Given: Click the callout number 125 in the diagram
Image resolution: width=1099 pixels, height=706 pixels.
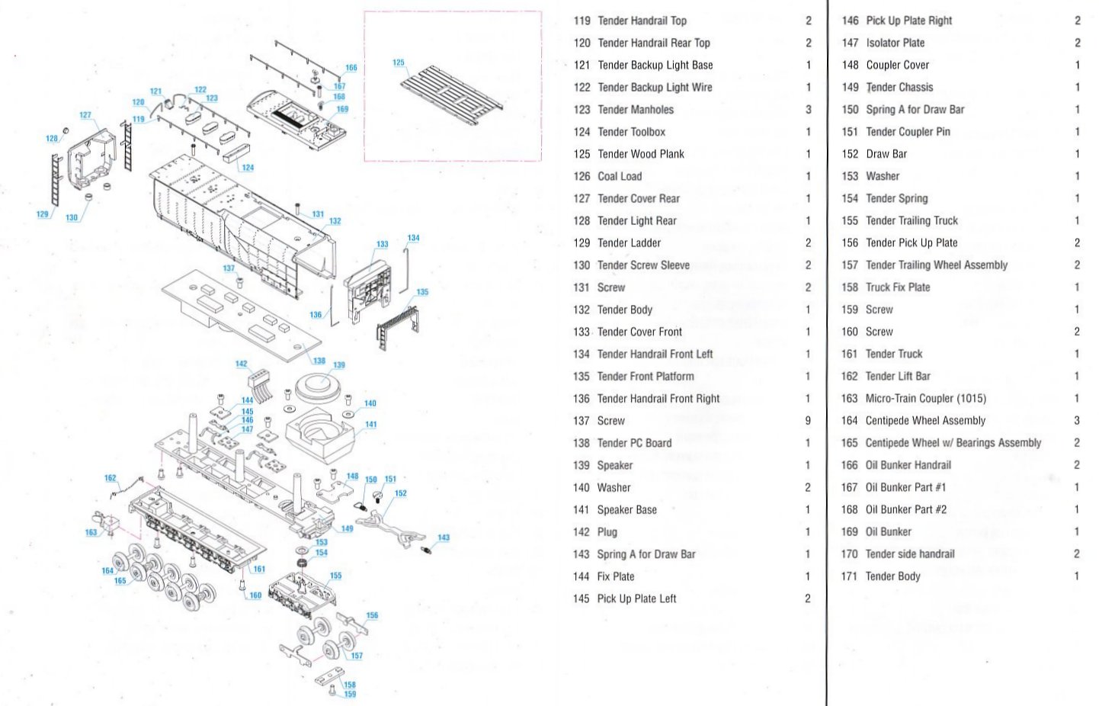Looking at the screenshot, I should tap(399, 63).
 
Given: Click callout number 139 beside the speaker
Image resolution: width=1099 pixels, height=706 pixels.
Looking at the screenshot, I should tap(339, 365).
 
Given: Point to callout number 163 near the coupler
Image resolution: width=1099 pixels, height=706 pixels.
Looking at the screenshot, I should tap(91, 532).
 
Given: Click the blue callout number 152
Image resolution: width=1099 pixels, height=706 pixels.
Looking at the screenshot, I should tap(401, 493).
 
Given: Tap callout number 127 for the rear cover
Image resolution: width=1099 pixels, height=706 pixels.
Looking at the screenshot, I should tap(85, 115).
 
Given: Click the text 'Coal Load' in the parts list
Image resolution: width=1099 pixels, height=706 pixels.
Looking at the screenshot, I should tap(620, 176).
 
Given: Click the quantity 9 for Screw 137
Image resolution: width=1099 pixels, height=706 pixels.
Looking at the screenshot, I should tap(808, 421).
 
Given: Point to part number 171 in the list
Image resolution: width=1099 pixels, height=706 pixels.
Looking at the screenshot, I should tap(849, 576).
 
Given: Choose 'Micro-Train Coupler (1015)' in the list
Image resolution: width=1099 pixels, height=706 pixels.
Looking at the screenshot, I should tap(925, 398).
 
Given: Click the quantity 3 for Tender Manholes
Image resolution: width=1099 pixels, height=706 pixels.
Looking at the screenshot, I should tap(809, 110).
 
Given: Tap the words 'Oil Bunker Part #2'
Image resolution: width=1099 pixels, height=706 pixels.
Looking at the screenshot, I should tap(905, 509).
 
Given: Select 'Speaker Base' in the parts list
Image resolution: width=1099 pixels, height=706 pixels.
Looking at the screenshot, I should tap(626, 510).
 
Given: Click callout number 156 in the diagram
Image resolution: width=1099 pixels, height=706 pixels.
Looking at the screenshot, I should tap(372, 615).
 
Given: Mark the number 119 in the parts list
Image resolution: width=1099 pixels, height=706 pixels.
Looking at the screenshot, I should tap(582, 21).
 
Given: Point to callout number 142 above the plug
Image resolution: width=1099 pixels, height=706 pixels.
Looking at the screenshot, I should tap(242, 364).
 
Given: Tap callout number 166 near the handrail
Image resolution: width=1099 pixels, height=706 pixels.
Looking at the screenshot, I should tap(351, 68).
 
